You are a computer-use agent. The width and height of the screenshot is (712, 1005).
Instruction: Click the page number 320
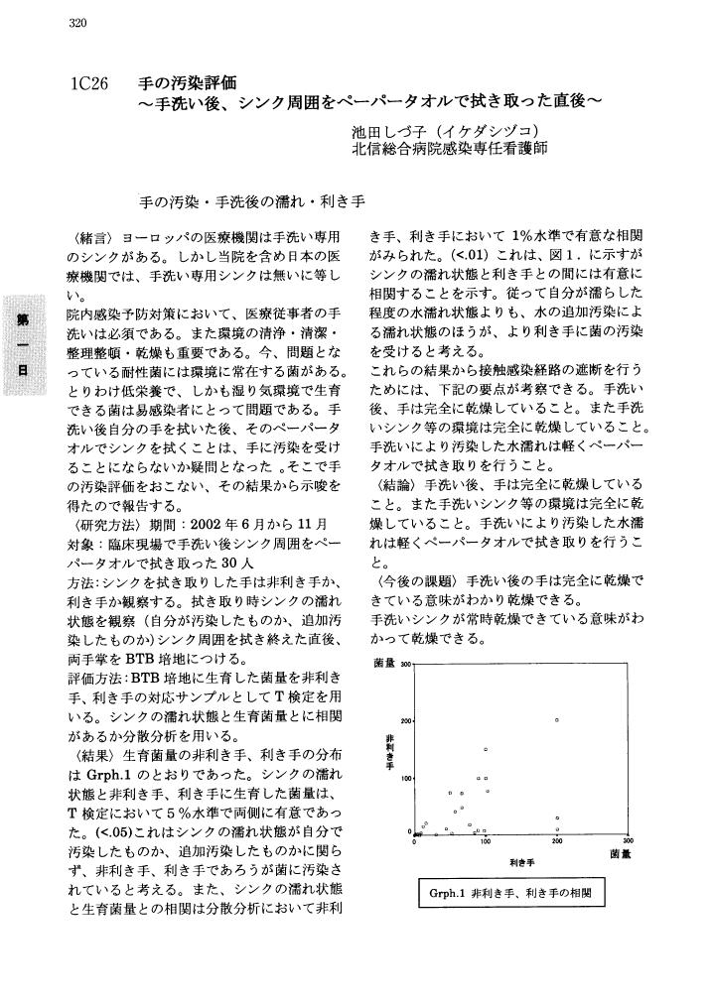tap(80, 23)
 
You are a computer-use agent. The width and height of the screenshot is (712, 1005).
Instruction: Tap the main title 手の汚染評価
tap(189, 82)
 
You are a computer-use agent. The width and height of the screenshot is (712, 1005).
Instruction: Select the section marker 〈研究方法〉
tap(99, 523)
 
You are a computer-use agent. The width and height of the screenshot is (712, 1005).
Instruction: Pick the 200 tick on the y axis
tap(405, 720)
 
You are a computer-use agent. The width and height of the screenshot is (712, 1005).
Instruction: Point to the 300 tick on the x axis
tap(627, 843)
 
